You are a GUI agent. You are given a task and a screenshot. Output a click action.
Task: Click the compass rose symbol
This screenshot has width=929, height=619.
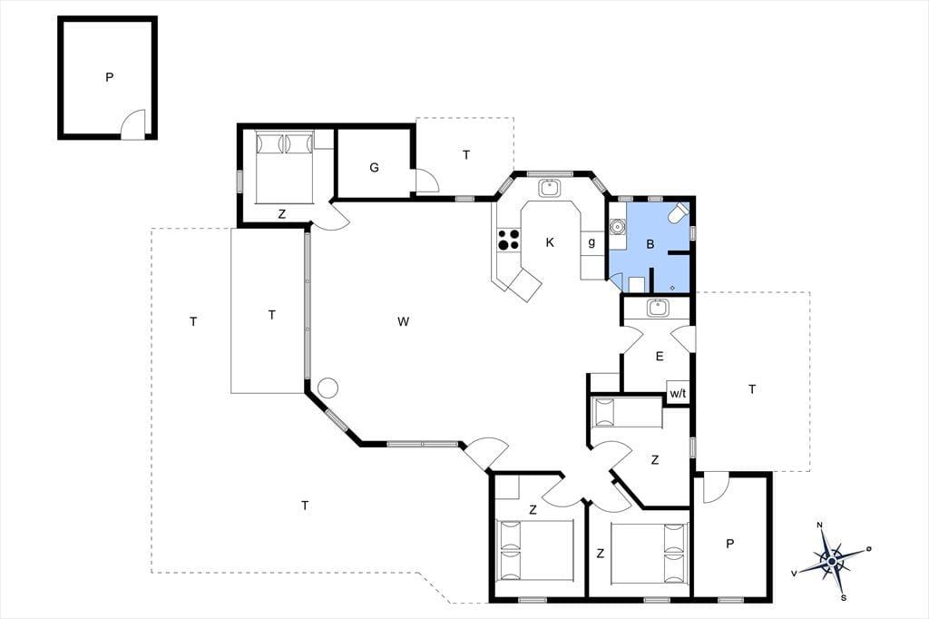click(x=832, y=561)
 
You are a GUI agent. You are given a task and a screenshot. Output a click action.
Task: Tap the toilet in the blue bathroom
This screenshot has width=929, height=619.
click(x=679, y=213)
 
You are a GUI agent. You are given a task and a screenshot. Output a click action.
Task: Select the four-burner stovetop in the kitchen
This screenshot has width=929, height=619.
click(x=508, y=240)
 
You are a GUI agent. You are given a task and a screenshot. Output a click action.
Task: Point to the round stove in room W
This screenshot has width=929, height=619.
click(x=328, y=388)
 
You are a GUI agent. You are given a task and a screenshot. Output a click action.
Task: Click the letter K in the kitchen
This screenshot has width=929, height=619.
click(x=550, y=242)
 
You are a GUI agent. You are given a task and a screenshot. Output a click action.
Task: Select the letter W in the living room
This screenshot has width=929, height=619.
click(x=404, y=322)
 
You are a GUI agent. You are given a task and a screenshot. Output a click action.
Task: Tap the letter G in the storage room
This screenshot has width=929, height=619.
click(x=374, y=168)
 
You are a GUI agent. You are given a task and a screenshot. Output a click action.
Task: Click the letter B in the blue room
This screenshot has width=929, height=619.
click(x=650, y=243)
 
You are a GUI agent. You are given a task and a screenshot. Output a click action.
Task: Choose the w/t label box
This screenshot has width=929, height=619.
click(x=678, y=392)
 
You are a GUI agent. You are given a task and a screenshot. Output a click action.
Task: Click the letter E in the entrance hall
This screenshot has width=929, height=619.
click(x=660, y=357)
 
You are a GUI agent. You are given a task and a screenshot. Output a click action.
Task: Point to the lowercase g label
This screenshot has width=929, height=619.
click(x=592, y=242)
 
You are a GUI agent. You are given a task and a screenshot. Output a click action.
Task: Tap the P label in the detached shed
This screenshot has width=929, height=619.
click(x=109, y=77)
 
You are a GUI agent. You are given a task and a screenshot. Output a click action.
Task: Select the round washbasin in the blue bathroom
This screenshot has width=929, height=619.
click(x=618, y=227)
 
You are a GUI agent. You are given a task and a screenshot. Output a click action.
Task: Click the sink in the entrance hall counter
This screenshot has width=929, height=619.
click(x=657, y=308)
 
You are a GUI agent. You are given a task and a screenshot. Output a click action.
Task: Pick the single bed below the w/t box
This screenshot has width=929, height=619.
click(x=628, y=412)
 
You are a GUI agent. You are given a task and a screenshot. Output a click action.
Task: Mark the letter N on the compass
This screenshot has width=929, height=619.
click(x=820, y=525)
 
